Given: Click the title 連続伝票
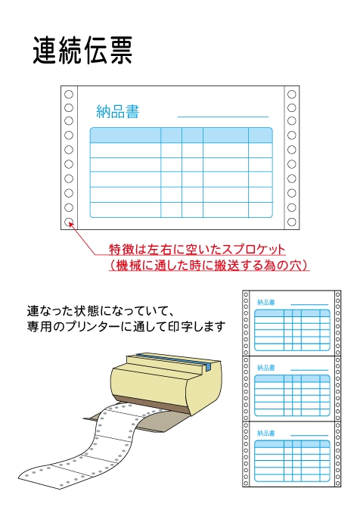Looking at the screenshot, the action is tap(82, 51).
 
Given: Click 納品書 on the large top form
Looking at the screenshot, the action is tap(118, 111).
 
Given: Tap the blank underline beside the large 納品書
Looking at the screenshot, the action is tap(223, 117).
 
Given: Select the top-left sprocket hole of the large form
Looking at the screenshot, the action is tap(69, 95).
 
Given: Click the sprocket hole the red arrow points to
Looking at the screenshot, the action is tap(69, 222).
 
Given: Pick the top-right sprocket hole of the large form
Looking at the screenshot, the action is tap(292, 95).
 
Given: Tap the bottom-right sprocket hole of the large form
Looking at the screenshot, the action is tap(292, 222).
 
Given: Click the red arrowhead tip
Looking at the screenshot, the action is tap(70, 222).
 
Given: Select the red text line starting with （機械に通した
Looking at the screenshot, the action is tap(209, 265).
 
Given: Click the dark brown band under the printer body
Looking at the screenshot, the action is tap(153, 403).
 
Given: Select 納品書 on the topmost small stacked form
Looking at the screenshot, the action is tap(266, 303).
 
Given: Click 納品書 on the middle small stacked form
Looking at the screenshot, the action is tap(266, 368).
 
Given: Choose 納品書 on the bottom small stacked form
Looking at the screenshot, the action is tap(266, 434).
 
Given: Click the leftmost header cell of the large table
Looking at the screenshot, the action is tap(126, 135).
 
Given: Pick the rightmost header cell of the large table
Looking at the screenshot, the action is tap(260, 135).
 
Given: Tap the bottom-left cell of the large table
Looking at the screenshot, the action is tap(126, 210).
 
